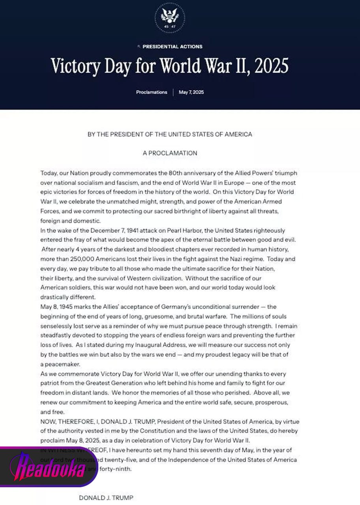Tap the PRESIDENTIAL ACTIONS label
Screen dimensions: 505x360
pyautogui.click(x=172, y=47)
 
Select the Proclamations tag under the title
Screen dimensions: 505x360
pyautogui.click(x=152, y=92)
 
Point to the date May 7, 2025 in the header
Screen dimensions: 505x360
pyautogui.click(x=191, y=92)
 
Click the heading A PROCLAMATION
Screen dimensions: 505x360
pyautogui.click(x=170, y=153)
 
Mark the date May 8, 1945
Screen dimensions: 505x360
pyautogui.click(x=57, y=307)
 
